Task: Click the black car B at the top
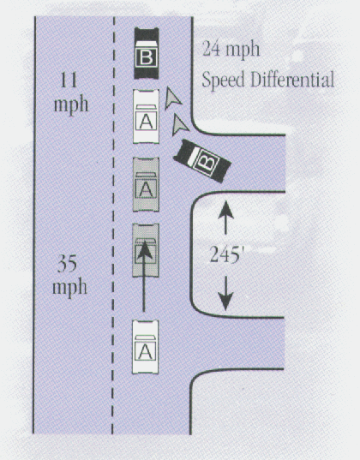(147, 53)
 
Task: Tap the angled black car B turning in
(202, 161)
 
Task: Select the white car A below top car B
(147, 116)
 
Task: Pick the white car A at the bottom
(146, 347)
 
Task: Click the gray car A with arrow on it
(146, 250)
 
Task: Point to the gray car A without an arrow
(146, 184)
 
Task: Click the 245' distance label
(225, 254)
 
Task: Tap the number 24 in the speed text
(211, 49)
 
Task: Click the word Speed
(223, 80)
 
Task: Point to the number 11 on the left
(69, 80)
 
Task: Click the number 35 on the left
(67, 264)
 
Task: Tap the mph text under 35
(69, 288)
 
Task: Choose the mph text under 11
(71, 105)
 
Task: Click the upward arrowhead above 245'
(225, 210)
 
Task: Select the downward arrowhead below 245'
(225, 302)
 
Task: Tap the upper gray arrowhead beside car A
(171, 99)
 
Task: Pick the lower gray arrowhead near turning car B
(178, 125)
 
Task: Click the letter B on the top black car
(147, 57)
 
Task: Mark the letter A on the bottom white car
(146, 351)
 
